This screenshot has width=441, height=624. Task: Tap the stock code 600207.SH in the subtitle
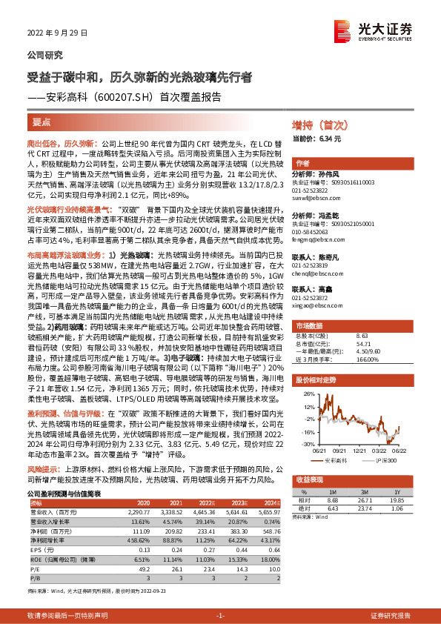[122, 96]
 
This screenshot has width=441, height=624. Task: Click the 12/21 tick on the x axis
[362, 449]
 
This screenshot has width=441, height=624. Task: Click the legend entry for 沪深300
[385, 459]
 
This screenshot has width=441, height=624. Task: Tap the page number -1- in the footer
[219, 615]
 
